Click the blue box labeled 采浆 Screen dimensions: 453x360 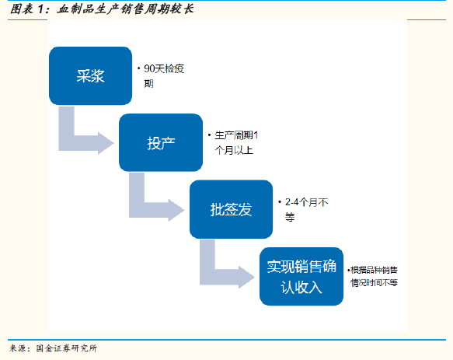[90, 75]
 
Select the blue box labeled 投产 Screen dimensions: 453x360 [161, 142]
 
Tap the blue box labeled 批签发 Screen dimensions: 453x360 [231, 209]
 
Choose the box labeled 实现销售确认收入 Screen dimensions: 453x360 [301, 276]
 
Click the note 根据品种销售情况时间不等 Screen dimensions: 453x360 [374, 276]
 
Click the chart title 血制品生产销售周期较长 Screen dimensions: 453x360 [125, 9]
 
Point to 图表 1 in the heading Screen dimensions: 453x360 [27, 9]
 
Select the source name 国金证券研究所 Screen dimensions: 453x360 [67, 348]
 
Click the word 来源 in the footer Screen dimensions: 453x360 [18, 348]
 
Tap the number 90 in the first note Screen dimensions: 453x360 [149, 69]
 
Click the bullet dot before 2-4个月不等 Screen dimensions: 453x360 [280, 201]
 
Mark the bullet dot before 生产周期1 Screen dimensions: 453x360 [210, 135]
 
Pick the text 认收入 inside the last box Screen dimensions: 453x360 [301, 288]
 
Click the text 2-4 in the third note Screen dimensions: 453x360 [292, 202]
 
